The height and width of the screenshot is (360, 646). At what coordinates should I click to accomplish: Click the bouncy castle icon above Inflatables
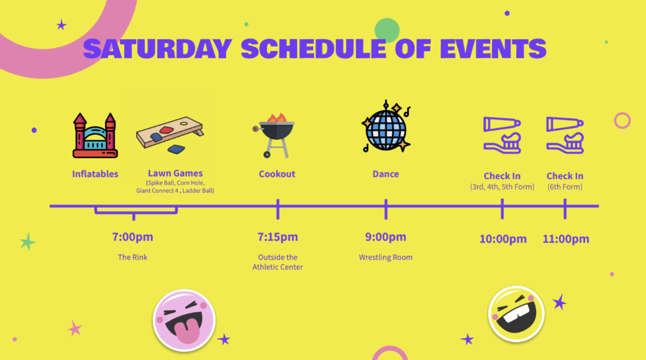(95, 135)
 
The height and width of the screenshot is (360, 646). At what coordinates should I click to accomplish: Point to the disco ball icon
(386, 126)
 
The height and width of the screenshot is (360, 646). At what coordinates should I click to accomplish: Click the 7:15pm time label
(278, 237)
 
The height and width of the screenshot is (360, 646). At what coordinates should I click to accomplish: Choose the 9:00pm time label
(385, 237)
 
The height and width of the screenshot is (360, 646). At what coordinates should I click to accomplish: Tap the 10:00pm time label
(503, 239)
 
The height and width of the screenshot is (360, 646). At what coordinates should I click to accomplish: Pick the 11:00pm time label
(566, 239)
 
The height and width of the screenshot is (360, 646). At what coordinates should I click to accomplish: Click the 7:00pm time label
(132, 237)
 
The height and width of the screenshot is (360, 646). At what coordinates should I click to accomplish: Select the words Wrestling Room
(385, 257)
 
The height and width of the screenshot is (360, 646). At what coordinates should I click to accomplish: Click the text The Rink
(132, 257)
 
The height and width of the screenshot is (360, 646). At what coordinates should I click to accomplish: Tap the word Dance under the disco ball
(385, 174)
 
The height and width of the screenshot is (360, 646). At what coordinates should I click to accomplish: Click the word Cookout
(277, 174)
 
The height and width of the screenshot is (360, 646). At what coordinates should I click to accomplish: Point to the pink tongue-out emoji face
(184, 320)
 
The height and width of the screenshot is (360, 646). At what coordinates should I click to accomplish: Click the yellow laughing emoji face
(516, 314)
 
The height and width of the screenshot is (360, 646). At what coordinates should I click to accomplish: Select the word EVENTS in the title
(493, 49)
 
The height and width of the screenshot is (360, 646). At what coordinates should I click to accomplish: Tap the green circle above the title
(387, 30)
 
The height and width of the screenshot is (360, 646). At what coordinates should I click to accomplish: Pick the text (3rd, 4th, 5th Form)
(502, 187)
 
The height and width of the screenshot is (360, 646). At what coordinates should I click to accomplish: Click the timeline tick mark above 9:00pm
(386, 209)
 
